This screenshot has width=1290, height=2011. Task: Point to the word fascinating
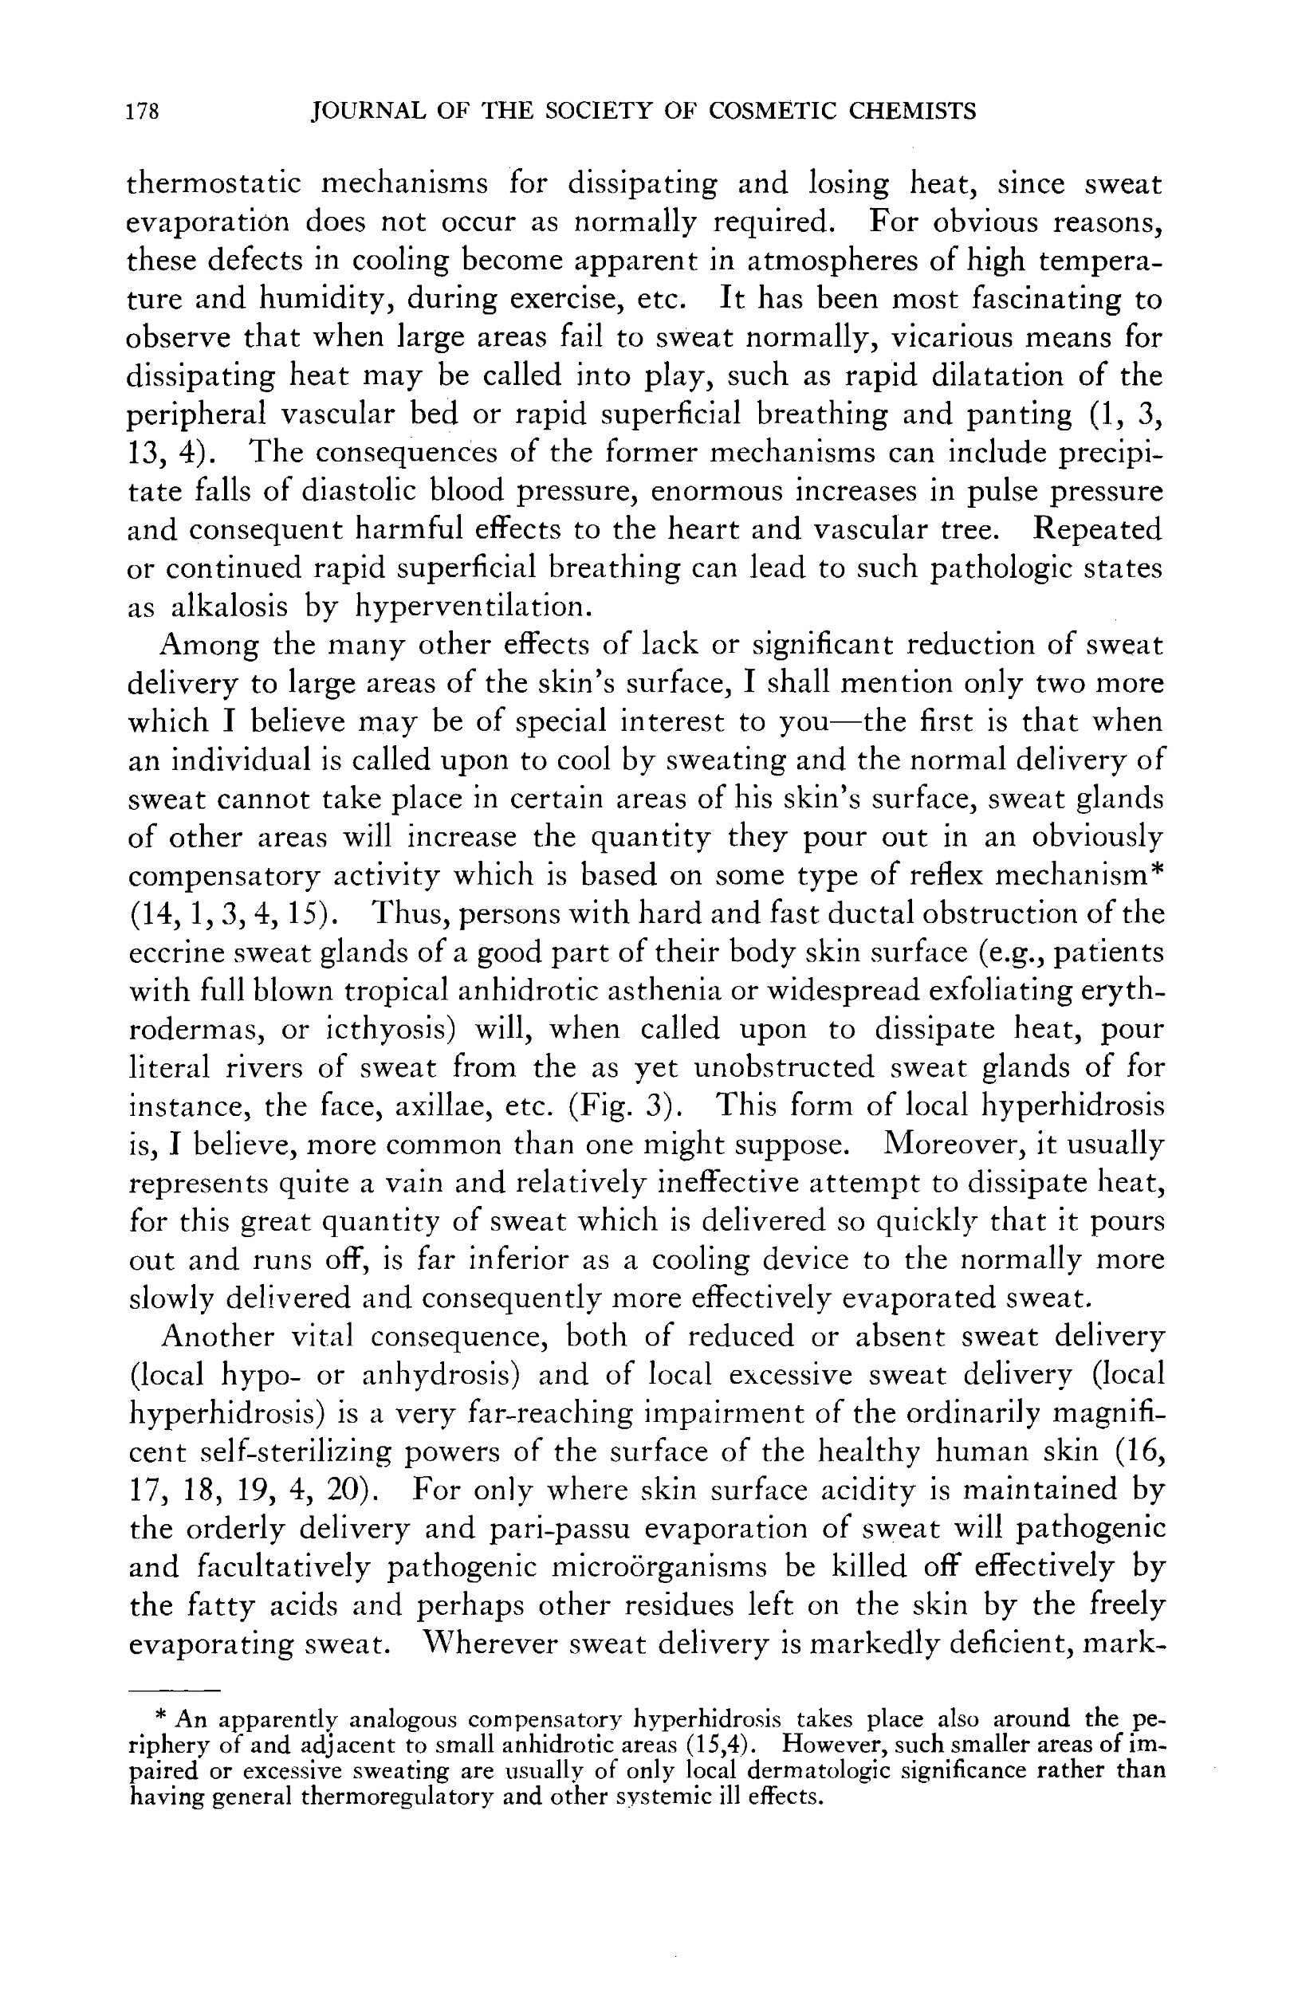pos(1036,299)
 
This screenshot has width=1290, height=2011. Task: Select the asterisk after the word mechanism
pos(1156,871)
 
